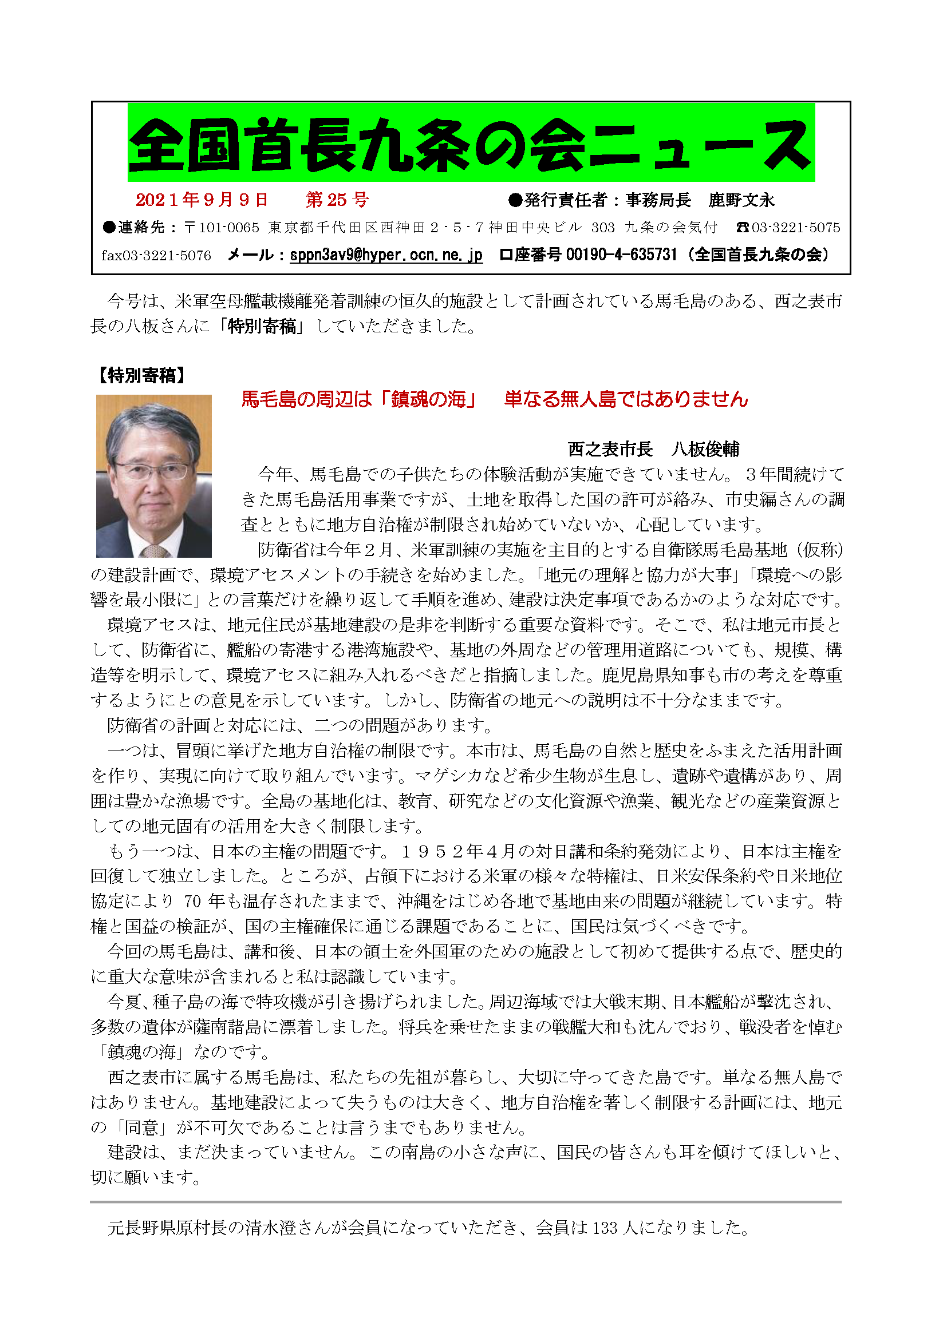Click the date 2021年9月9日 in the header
pyautogui.click(x=202, y=200)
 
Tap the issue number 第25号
pyautogui.click(x=337, y=200)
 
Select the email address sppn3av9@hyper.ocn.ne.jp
pyautogui.click(x=386, y=255)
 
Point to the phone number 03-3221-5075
pyautogui.click(x=796, y=228)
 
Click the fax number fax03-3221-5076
pyautogui.click(x=156, y=256)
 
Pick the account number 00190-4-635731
pyautogui.click(x=622, y=255)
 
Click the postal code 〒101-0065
pyautogui.click(x=222, y=228)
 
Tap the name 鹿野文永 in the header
pyautogui.click(x=741, y=200)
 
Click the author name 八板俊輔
pyautogui.click(x=705, y=449)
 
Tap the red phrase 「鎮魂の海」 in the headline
pyautogui.click(x=429, y=400)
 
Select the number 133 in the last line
pyautogui.click(x=605, y=1228)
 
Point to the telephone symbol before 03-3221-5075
pyautogui.click(x=743, y=228)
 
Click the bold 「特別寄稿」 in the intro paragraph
pyautogui.click(x=261, y=326)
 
